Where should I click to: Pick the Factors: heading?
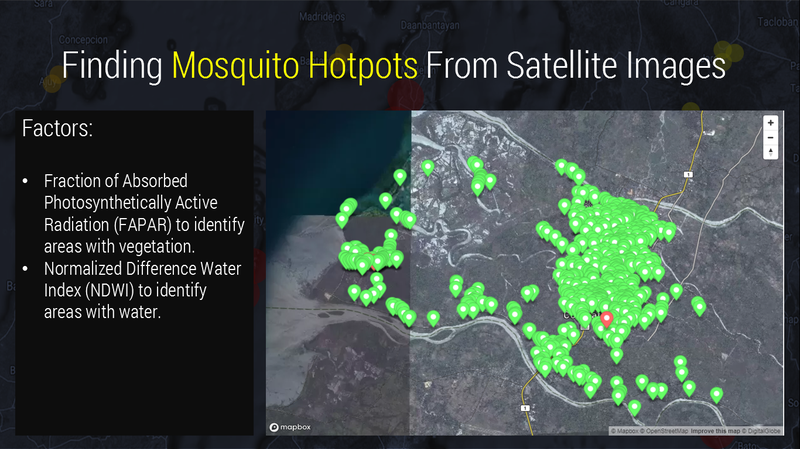(62, 130)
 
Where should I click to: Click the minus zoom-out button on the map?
(770, 137)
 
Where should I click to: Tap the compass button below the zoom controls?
(770, 152)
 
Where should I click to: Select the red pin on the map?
(608, 321)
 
